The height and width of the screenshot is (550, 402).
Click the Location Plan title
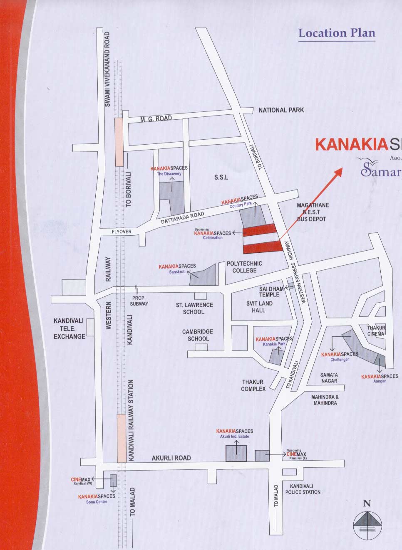coord(337,33)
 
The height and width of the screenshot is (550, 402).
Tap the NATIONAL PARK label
coord(281,110)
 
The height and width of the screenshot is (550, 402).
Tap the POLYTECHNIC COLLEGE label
coord(244,267)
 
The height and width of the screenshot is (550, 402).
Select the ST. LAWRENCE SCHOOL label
coord(194,308)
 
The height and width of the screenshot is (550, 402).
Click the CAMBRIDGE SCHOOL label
coord(198,335)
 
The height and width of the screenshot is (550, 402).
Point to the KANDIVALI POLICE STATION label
coord(303,489)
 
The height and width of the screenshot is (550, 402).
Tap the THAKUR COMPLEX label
coord(253,385)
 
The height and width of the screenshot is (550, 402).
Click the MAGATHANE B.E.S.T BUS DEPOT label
coord(313,212)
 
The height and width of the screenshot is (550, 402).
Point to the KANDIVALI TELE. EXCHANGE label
coord(69,328)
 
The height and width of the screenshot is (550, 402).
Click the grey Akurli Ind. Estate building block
coord(236,453)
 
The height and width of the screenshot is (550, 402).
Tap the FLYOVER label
coord(121,232)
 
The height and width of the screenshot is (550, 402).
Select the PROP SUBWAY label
coord(138,301)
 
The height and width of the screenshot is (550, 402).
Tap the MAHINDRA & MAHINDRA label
coord(325,400)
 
